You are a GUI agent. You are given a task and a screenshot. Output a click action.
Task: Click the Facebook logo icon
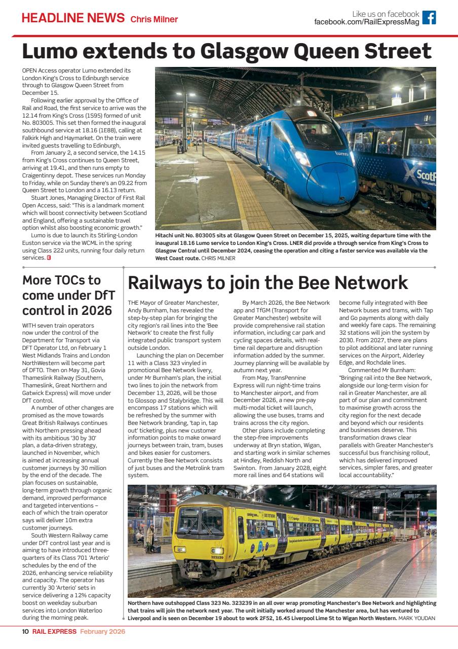pyautogui.click(x=429, y=18)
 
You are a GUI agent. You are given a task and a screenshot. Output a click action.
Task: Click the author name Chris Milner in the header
pyautogui.click(x=155, y=20)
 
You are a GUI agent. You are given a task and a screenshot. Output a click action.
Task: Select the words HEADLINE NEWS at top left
pyautogui.click(x=73, y=18)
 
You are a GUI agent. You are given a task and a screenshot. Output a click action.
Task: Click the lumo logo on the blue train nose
pyautogui.click(x=341, y=152)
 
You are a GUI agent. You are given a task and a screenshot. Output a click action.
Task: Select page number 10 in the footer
pyautogui.click(x=25, y=631)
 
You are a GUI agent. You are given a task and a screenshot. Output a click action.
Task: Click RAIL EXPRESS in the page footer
pyautogui.click(x=54, y=631)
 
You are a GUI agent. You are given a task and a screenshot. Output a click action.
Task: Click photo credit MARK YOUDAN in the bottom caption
pyautogui.click(x=417, y=618)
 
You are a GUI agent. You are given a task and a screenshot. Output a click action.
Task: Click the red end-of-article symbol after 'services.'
pyautogui.click(x=49, y=257)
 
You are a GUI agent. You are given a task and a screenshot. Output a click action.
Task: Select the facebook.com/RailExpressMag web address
pyautogui.click(x=366, y=22)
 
